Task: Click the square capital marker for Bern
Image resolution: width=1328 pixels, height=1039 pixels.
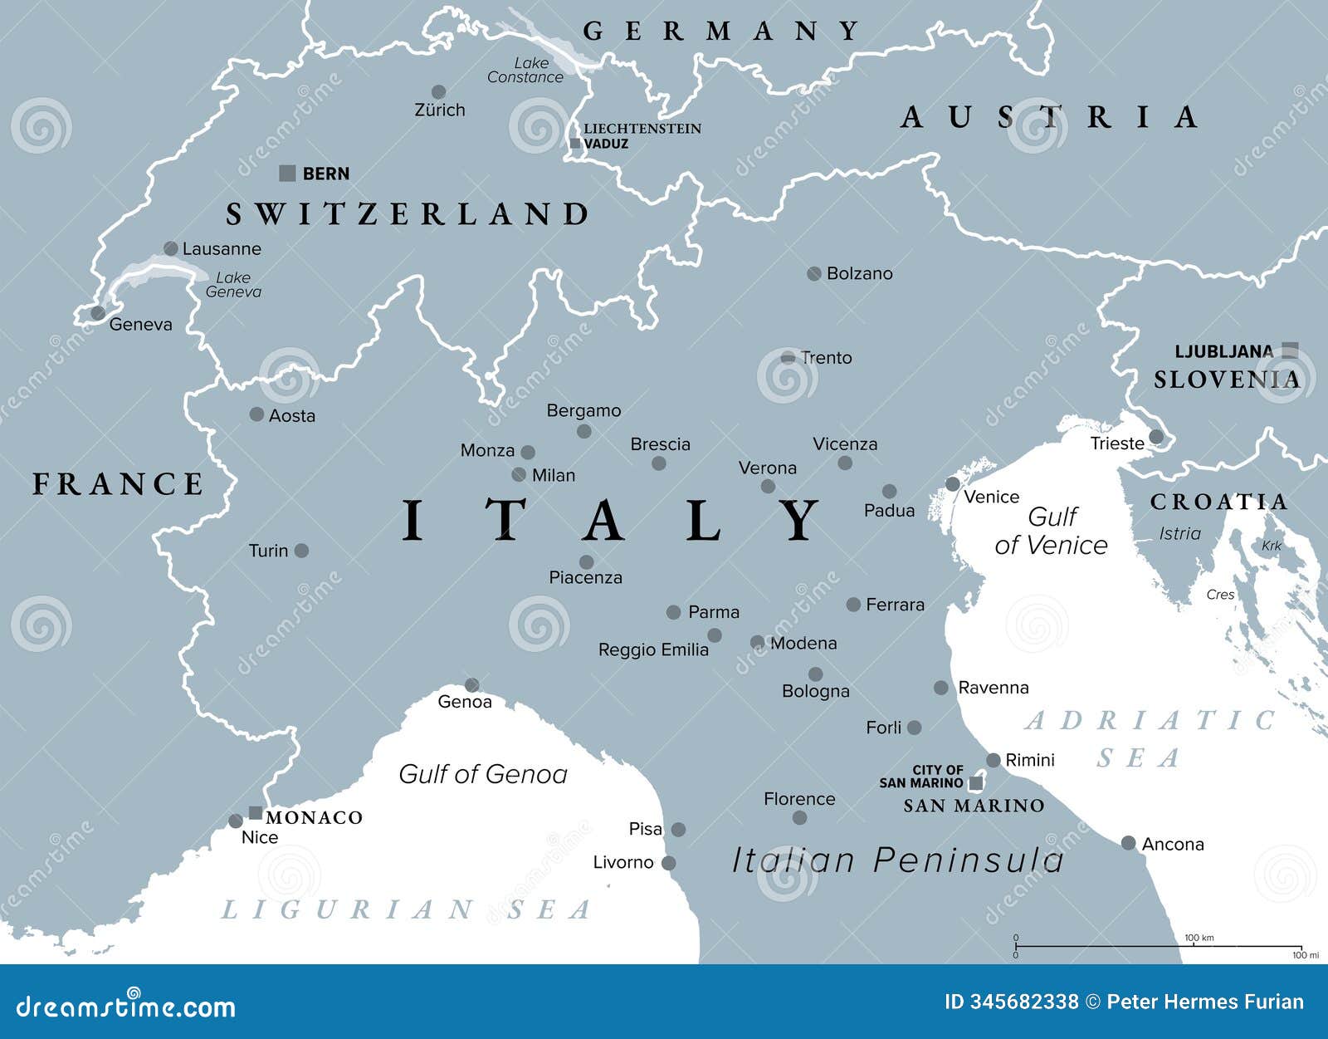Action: pyautogui.click(x=287, y=174)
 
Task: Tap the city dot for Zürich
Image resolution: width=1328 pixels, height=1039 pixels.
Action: pyautogui.click(x=438, y=91)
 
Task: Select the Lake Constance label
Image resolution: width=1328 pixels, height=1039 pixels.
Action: pyautogui.click(x=525, y=70)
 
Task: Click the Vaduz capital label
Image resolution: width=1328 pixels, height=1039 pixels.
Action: pyautogui.click(x=606, y=144)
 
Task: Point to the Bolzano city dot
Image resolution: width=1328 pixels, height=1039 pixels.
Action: pyautogui.click(x=814, y=273)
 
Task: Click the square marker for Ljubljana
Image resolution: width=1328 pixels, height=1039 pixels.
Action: pyautogui.click(x=1289, y=350)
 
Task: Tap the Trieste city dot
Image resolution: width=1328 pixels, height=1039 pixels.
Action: pyautogui.click(x=1156, y=437)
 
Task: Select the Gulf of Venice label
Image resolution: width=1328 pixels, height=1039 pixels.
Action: pyautogui.click(x=1052, y=531)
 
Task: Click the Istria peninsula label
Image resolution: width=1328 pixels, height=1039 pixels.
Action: pyautogui.click(x=1179, y=533)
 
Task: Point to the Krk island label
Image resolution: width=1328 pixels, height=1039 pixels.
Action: pyautogui.click(x=1272, y=546)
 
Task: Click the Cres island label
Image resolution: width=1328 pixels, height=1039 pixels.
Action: pyautogui.click(x=1220, y=595)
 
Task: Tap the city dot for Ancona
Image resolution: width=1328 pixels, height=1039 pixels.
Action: pyautogui.click(x=1128, y=843)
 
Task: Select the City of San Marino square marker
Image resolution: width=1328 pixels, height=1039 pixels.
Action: pyautogui.click(x=976, y=783)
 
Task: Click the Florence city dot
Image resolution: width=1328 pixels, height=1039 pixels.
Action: pyautogui.click(x=799, y=817)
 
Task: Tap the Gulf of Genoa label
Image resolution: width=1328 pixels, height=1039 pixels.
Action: pyautogui.click(x=483, y=774)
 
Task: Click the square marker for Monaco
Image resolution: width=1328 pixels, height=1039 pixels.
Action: pyautogui.click(x=256, y=813)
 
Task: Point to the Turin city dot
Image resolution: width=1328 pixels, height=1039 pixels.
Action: pyautogui.click(x=301, y=551)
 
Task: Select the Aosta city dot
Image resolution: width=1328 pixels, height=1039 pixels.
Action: pyautogui.click(x=256, y=414)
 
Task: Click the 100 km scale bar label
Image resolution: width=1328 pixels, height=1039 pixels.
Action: pyautogui.click(x=1199, y=938)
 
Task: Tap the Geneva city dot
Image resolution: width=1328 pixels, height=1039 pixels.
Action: pyautogui.click(x=98, y=313)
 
